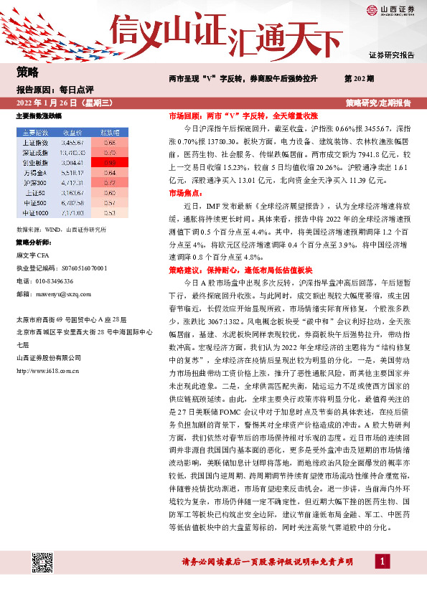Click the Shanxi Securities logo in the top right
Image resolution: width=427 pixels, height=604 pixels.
tap(391, 11)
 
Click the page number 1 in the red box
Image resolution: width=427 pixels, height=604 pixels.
tap(384, 560)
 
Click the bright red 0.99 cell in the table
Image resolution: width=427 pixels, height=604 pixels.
tap(110, 162)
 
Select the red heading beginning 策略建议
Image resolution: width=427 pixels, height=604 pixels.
tap(240, 271)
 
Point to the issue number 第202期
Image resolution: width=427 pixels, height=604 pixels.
tap(359, 77)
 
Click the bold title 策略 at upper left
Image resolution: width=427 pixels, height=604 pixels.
tap(27, 72)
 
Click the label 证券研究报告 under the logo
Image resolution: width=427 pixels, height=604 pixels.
tap(391, 55)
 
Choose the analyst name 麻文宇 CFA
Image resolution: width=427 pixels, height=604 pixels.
tap(34, 255)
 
